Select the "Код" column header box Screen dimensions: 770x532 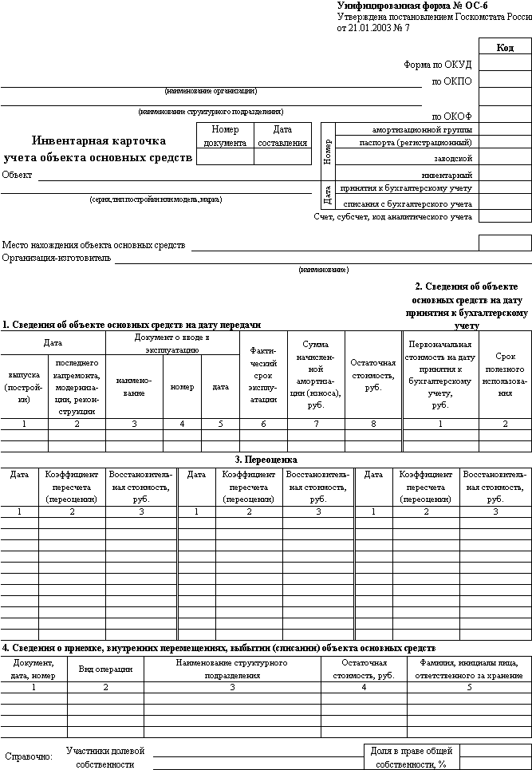pyautogui.click(x=505, y=48)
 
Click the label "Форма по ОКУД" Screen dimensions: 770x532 pyautogui.click(x=438, y=65)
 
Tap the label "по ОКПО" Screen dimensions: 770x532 pyautogui.click(x=451, y=81)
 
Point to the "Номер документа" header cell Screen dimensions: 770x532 pyautogui.click(x=225, y=136)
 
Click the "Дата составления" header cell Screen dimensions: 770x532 pyautogui.click(x=282, y=136)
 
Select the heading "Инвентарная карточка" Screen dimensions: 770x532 pyautogui.click(x=99, y=139)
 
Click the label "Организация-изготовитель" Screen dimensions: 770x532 pyautogui.click(x=57, y=258)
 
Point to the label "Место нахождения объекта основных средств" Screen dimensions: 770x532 pyautogui.click(x=93, y=245)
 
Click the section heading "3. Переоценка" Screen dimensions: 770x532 pyautogui.click(x=266, y=460)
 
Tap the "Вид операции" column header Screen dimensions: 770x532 pyautogui.click(x=105, y=669)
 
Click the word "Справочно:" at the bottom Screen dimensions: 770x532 pyautogui.click(x=29, y=756)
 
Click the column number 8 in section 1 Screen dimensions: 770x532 pyautogui.click(x=372, y=424)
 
